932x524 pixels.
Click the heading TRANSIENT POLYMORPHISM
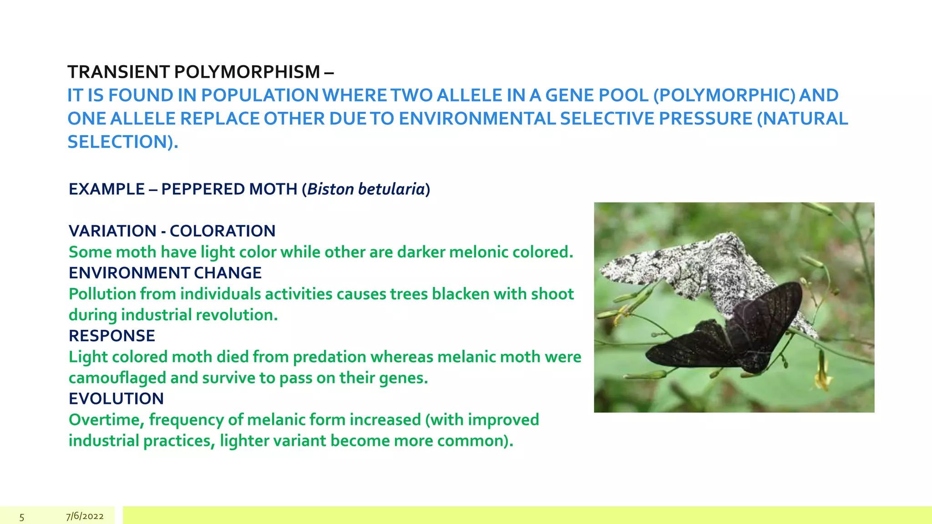[194, 72]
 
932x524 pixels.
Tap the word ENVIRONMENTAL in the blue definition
[477, 119]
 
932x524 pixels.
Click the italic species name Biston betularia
[366, 189]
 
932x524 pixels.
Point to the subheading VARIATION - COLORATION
[172, 231]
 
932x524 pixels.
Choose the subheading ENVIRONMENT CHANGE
[165, 273]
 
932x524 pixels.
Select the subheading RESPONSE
[112, 336]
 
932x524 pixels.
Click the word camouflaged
[117, 378]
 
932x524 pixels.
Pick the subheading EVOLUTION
[116, 399]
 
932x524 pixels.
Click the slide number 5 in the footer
[21, 517]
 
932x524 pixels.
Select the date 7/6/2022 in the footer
[85, 516]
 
